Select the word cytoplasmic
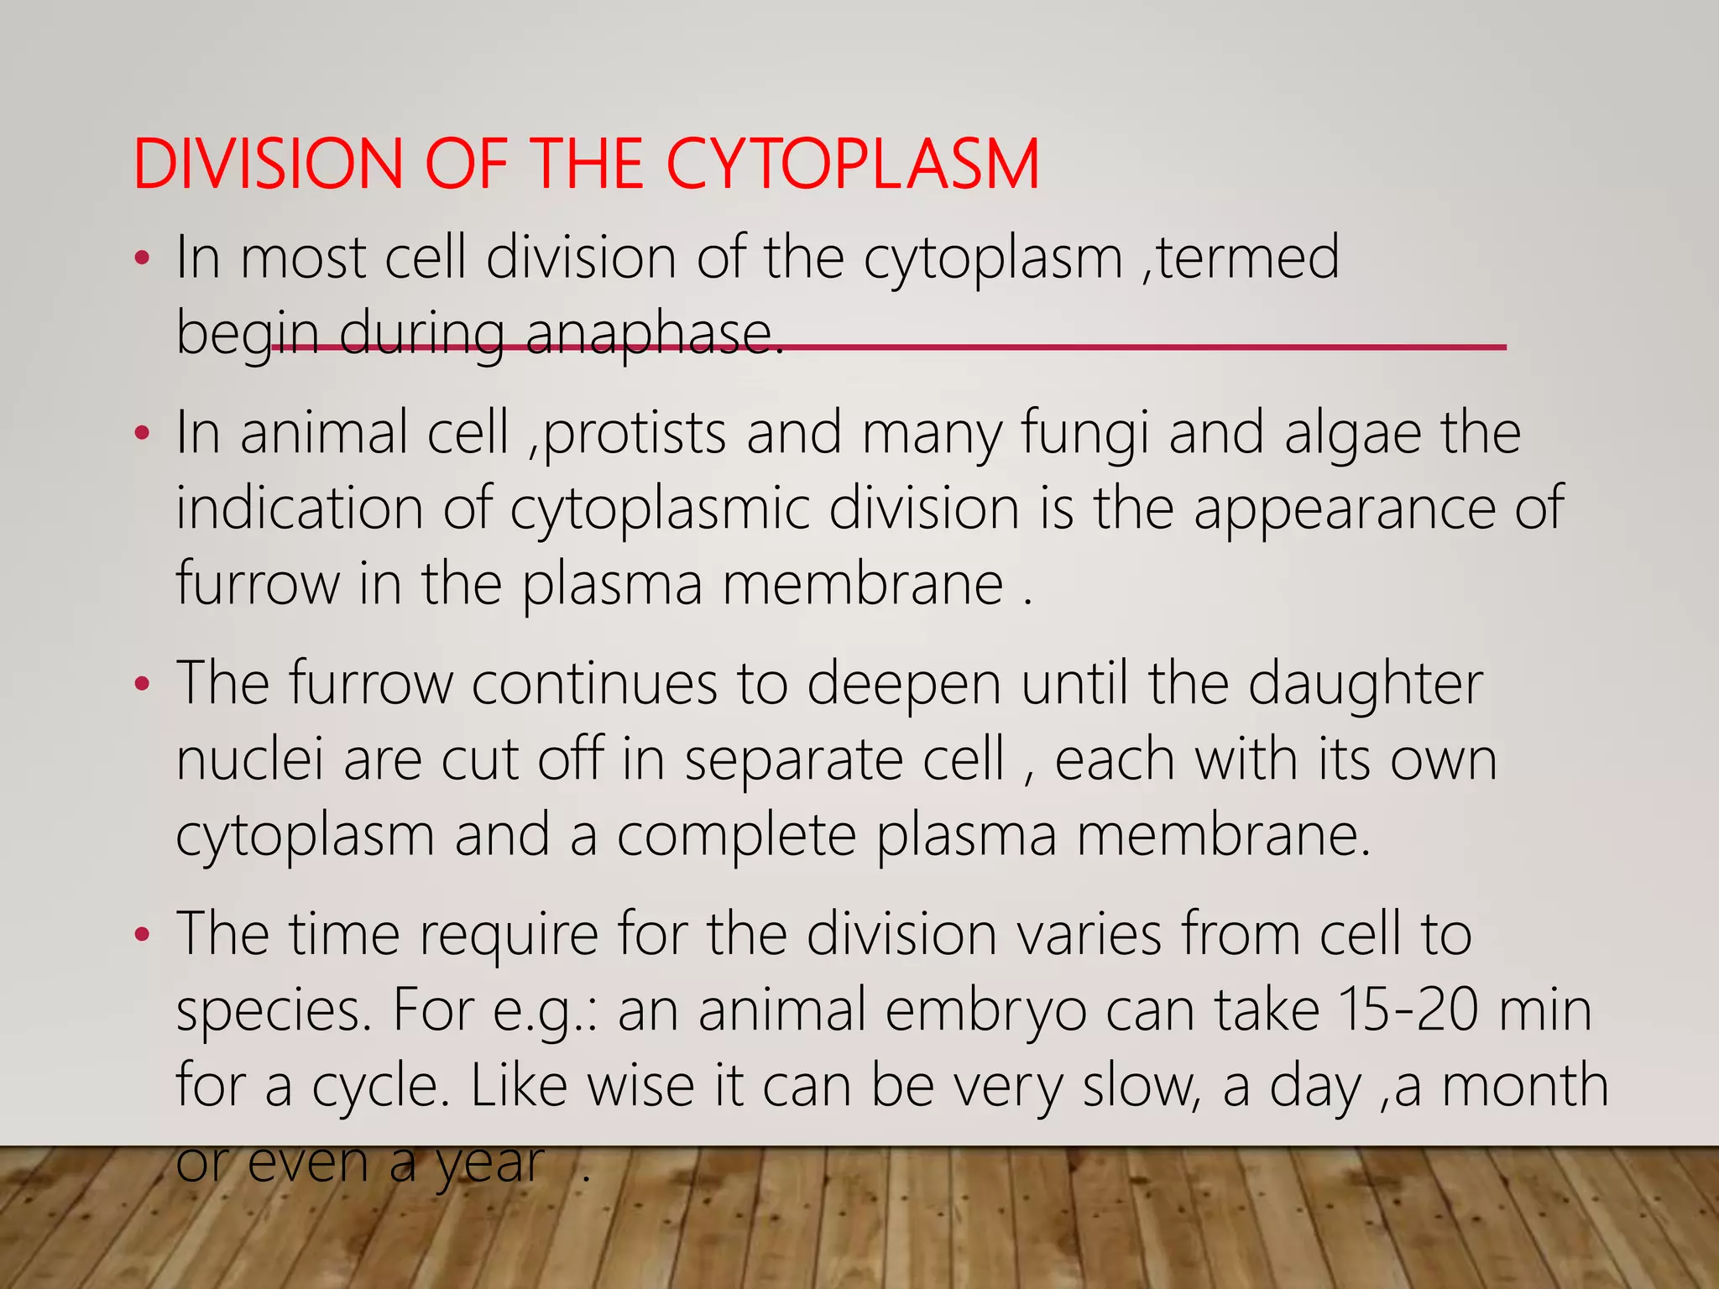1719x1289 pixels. (660, 510)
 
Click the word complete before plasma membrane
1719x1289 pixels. (736, 837)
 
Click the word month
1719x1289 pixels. (1524, 1085)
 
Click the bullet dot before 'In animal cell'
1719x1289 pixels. (143, 435)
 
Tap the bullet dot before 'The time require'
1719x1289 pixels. (143, 935)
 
